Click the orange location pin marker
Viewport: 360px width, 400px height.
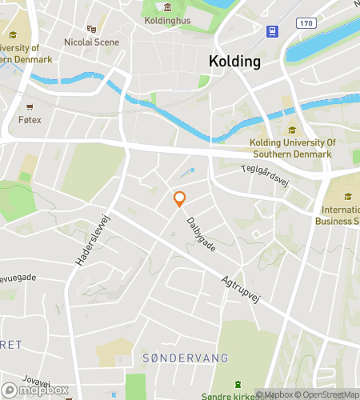[180, 198]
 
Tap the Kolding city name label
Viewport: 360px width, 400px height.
[234, 61]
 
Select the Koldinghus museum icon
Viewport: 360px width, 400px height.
[167, 7]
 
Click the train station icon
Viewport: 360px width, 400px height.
[273, 31]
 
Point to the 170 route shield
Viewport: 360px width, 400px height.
[306, 24]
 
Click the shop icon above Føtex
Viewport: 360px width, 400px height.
[30, 106]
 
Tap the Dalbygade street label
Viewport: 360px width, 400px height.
[201, 233]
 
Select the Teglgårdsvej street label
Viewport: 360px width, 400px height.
[264, 174]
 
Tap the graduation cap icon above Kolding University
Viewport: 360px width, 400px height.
[291, 130]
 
